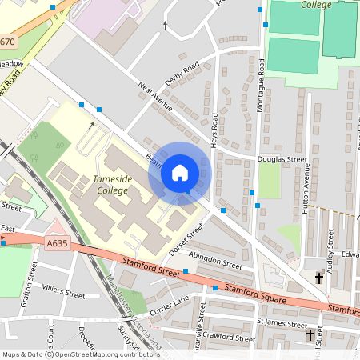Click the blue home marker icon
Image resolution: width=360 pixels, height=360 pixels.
(180, 173)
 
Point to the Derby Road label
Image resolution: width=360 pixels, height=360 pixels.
(182, 76)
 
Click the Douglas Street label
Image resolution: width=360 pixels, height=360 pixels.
(282, 160)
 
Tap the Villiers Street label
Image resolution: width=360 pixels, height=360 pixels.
(63, 294)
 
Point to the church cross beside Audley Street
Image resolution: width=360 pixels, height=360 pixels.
(319, 278)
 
